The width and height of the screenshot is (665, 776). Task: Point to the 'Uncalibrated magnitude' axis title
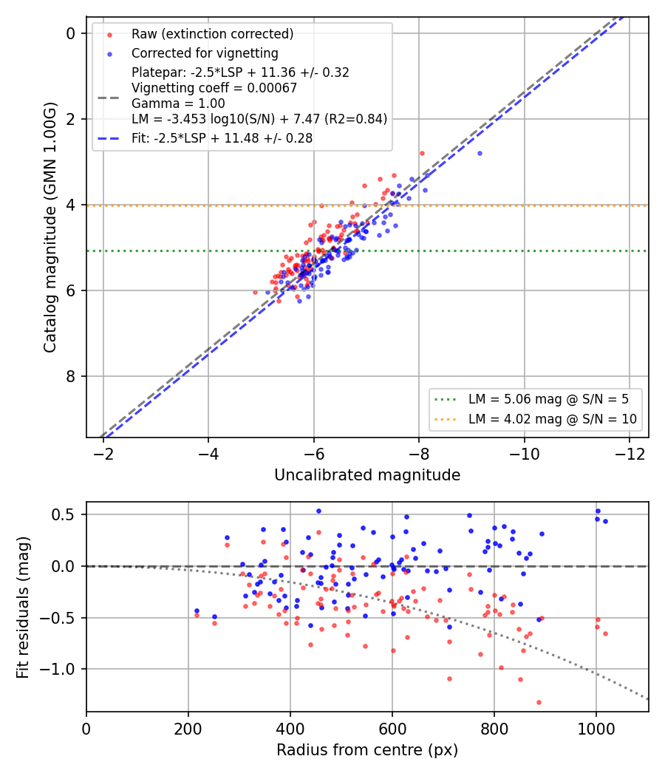(x=367, y=475)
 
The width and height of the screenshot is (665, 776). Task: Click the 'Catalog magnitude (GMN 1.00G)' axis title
(x=50, y=228)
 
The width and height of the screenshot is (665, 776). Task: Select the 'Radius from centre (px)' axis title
(x=367, y=750)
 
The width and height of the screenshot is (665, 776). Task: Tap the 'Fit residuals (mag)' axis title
(x=23, y=607)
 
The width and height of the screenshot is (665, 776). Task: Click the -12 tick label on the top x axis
(x=630, y=454)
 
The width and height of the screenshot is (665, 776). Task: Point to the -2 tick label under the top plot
(x=103, y=454)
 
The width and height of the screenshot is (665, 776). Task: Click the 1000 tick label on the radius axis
(x=596, y=729)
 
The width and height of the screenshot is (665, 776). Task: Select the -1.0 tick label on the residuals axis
(x=58, y=669)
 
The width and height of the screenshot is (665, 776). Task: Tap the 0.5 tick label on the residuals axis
(x=64, y=514)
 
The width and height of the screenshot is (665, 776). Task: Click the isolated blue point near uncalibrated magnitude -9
(x=480, y=154)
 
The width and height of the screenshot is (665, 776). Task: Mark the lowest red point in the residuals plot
(x=539, y=702)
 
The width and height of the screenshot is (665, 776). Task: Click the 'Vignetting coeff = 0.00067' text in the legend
(x=214, y=88)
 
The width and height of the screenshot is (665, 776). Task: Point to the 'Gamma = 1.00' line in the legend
(x=178, y=103)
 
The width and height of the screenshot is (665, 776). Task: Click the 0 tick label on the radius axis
(x=86, y=729)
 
